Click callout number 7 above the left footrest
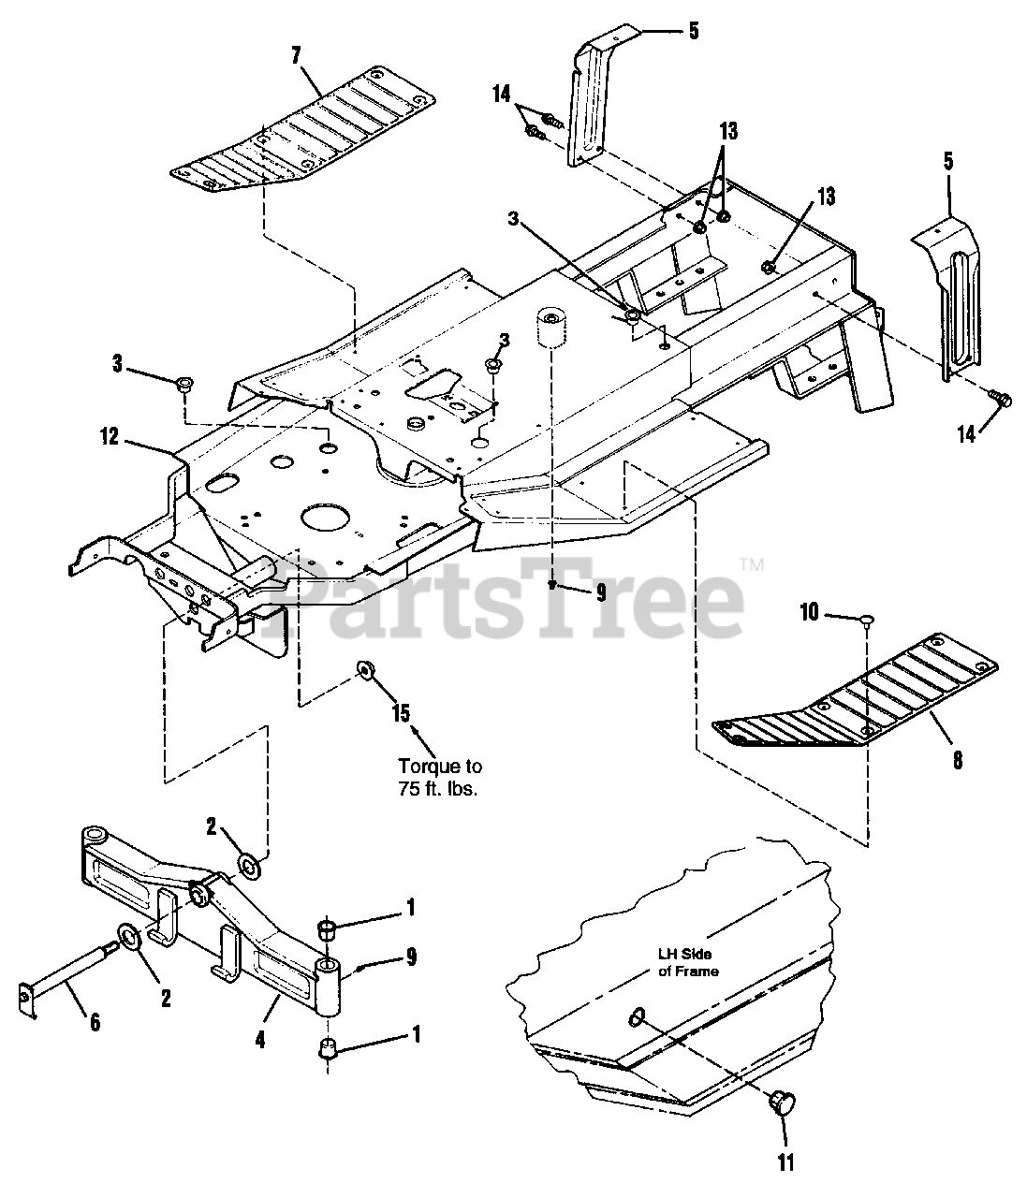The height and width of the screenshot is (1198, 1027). [x=296, y=55]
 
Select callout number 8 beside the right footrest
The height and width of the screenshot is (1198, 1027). [x=957, y=760]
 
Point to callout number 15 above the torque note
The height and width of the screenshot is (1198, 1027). [x=401, y=713]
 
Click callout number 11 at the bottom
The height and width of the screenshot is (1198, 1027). [x=785, y=1162]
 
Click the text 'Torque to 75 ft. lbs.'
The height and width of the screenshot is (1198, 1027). [x=439, y=777]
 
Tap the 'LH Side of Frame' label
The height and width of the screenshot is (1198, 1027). [x=687, y=963]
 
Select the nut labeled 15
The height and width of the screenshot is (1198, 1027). [x=365, y=669]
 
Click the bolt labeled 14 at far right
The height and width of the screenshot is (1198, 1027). [x=1000, y=400]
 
